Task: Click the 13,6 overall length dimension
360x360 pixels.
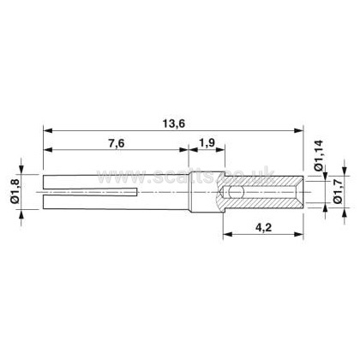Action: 174,123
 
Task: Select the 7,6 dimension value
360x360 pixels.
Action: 117,143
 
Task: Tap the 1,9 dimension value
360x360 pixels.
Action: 207,142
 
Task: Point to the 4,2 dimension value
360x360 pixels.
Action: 263,228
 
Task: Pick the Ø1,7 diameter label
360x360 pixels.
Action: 339,190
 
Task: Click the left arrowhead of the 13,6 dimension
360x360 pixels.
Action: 48,131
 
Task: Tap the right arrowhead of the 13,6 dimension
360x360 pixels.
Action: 298,131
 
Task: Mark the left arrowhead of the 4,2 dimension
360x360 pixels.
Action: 227,234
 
